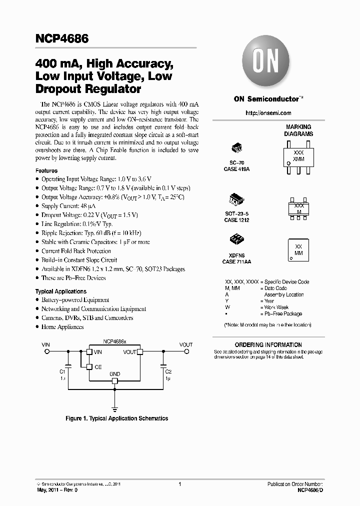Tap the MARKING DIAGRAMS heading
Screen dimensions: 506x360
tap(298, 130)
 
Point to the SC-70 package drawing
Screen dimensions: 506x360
tap(236, 148)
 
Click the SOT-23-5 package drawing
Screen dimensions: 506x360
tap(236, 198)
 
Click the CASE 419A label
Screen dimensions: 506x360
tap(236, 169)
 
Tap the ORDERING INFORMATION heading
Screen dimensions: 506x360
tap(268, 344)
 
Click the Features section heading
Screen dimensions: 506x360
tap(46, 170)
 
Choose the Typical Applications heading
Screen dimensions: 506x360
tap(60, 291)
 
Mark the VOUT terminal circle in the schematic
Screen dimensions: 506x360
tap(185, 352)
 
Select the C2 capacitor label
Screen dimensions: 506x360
tap(169, 372)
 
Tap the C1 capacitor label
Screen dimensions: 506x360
tap(62, 372)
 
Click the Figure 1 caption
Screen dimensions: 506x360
tap(117, 418)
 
